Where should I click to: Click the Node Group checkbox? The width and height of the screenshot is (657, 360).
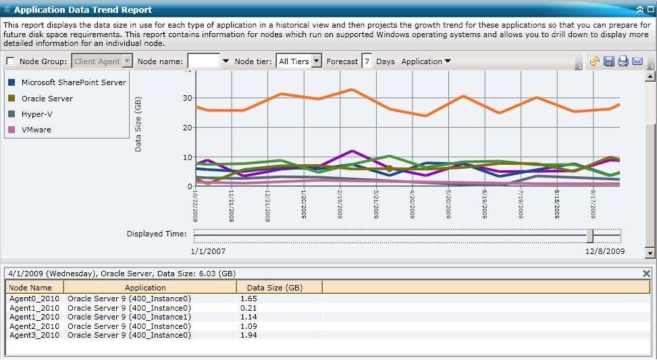point(10,61)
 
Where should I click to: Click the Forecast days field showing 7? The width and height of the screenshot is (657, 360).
point(367,61)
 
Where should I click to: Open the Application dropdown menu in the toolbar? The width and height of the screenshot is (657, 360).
point(426,61)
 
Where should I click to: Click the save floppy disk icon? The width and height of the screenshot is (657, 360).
point(609,61)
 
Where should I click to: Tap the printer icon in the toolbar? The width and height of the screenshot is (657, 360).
point(623,61)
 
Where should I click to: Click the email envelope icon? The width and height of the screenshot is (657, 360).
point(637,61)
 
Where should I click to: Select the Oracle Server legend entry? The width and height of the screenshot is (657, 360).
point(47,99)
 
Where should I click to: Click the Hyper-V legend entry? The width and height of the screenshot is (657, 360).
point(36,114)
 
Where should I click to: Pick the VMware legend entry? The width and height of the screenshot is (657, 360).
point(36,130)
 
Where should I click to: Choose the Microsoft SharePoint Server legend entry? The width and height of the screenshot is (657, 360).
point(74,82)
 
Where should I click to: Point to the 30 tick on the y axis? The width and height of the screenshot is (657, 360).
point(187,98)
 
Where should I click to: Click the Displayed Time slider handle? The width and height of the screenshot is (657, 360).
point(589,235)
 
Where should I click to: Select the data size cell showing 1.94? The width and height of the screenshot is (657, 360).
point(248,335)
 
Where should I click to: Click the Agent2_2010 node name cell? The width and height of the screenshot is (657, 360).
point(34,326)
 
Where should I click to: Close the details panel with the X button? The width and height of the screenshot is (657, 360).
point(646,274)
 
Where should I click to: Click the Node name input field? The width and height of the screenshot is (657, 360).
point(203,61)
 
